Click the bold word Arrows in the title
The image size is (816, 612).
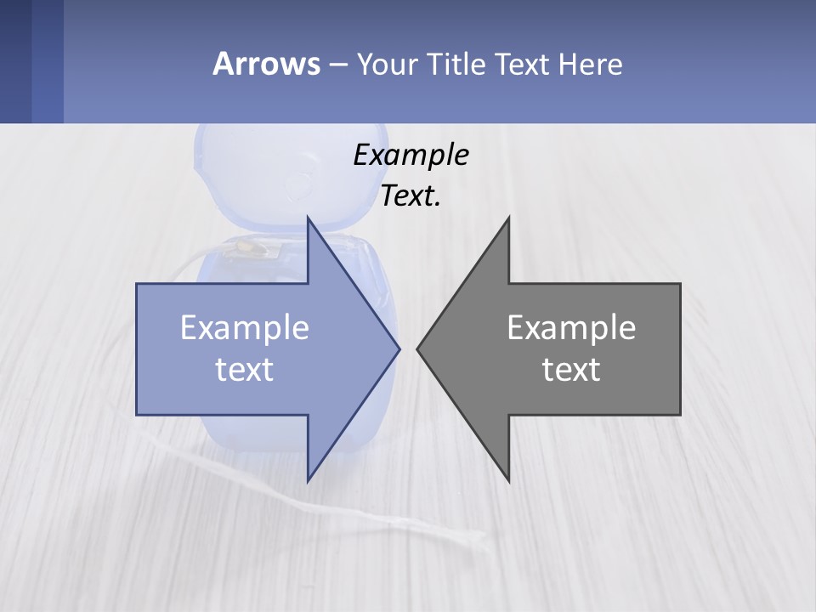click(265, 64)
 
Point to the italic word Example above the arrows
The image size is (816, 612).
click(411, 156)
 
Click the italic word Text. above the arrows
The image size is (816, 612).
click(411, 196)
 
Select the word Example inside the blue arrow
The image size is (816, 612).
click(245, 328)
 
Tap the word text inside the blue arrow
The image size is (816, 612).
click(245, 370)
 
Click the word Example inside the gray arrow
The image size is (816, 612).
click(571, 328)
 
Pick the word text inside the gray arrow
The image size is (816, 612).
click(571, 370)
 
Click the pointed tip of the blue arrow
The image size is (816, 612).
click(399, 348)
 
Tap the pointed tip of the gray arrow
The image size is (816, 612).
click(417, 348)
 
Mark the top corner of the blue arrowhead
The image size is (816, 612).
click(308, 218)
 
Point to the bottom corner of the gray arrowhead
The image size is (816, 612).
click(508, 481)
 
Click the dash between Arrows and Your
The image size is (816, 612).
click(337, 65)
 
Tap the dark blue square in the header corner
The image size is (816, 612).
click(15, 61)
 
